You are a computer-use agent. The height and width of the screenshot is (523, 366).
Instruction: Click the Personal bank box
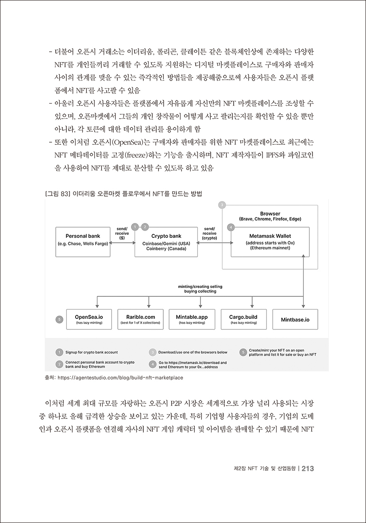(82, 241)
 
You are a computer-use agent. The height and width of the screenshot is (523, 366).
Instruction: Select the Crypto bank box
(166, 241)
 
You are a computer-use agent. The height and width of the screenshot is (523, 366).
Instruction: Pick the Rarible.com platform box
(140, 319)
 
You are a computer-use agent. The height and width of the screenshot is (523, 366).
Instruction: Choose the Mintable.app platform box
(192, 319)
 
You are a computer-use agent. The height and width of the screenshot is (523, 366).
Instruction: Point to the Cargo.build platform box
(243, 319)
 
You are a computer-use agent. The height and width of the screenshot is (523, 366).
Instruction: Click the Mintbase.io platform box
(295, 319)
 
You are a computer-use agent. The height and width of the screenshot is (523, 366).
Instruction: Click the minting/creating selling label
(200, 289)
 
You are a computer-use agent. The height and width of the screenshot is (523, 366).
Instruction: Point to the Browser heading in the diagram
(270, 213)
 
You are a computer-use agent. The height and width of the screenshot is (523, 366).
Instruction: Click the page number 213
(308, 469)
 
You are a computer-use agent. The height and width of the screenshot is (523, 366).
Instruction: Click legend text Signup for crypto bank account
(92, 352)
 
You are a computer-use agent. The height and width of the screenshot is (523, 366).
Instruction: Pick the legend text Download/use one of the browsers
(193, 352)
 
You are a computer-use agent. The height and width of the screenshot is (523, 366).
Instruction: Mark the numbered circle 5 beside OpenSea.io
(59, 319)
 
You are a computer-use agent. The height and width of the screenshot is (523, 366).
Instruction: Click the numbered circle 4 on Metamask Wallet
(230, 227)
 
